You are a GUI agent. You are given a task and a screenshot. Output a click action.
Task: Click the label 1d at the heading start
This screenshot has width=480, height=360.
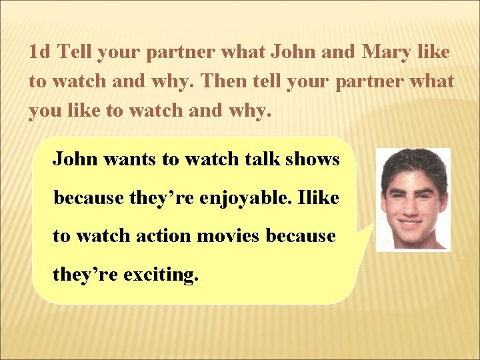coord(41,51)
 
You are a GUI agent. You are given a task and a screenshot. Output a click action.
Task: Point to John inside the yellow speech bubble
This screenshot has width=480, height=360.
coord(75,159)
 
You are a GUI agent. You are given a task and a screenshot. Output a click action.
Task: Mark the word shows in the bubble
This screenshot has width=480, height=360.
coord(313,159)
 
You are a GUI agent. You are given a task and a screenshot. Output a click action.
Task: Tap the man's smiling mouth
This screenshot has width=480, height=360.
coord(413,219)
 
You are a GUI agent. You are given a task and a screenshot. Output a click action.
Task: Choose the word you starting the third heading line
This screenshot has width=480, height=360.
coord(45,111)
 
